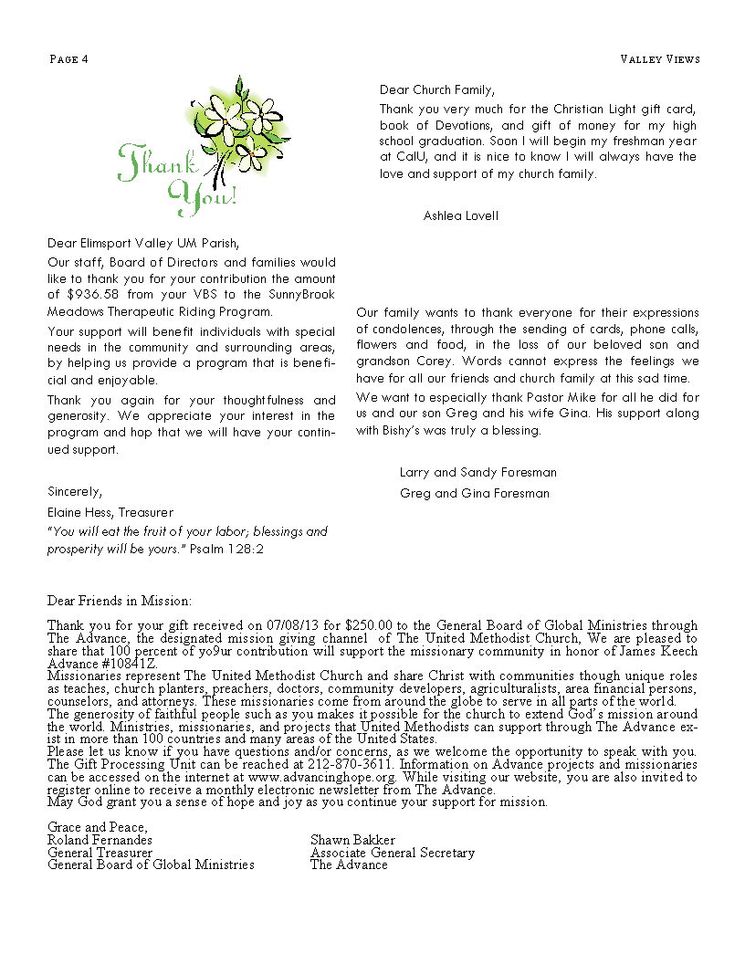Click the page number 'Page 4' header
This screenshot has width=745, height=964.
pyautogui.click(x=68, y=59)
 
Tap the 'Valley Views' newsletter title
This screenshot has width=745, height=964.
pyautogui.click(x=659, y=59)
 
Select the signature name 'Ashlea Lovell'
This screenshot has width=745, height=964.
pyautogui.click(x=461, y=215)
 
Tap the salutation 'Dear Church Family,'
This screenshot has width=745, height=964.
pyautogui.click(x=437, y=89)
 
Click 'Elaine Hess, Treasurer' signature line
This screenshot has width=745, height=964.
pyautogui.click(x=110, y=512)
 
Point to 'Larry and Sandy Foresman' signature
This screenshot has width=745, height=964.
pyautogui.click(x=478, y=473)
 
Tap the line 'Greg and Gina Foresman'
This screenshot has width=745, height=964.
pyautogui.click(x=475, y=493)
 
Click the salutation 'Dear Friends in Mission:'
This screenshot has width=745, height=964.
pyautogui.click(x=120, y=601)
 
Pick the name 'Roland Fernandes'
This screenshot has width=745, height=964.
pyautogui.click(x=102, y=840)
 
